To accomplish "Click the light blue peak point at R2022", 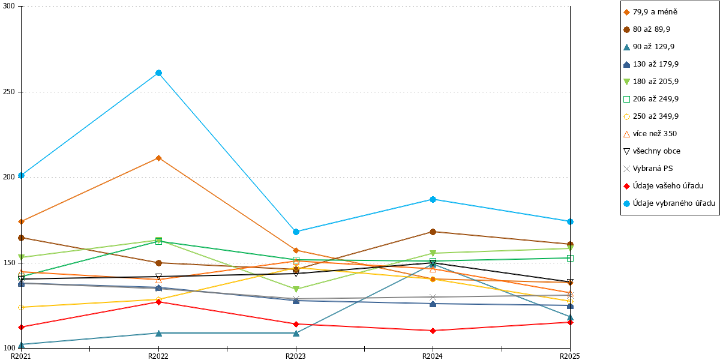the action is [x=158, y=73].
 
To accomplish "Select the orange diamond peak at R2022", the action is [x=158, y=158].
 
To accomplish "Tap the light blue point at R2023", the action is [x=296, y=232].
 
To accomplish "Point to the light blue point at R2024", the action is [x=433, y=200].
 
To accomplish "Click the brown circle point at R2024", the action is [x=433, y=232].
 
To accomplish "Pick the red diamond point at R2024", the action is [x=433, y=331].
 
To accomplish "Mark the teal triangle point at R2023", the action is [x=296, y=334].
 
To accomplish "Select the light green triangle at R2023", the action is [x=296, y=289].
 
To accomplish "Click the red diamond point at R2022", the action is [x=158, y=302].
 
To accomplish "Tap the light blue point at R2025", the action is [x=570, y=222].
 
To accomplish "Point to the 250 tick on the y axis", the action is [x=19, y=92].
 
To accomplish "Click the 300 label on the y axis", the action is [x=9, y=6].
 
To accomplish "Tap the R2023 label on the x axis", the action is [x=296, y=356].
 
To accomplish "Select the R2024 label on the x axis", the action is [x=433, y=356].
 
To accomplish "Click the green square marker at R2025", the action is [x=570, y=258].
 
